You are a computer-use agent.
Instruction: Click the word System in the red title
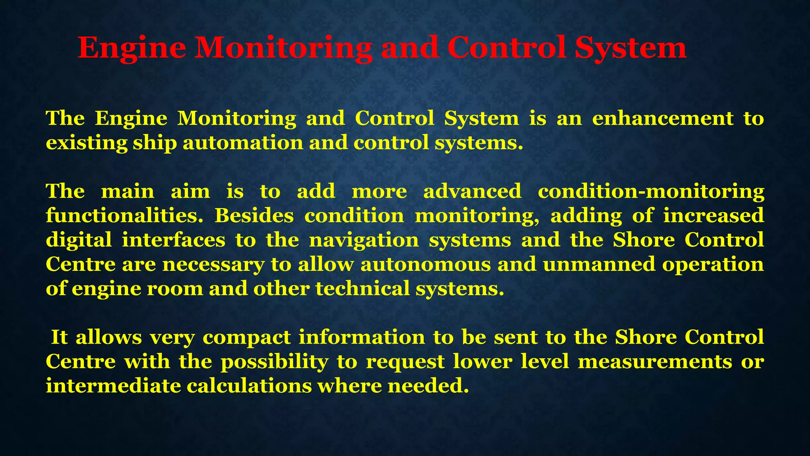pyautogui.click(x=630, y=48)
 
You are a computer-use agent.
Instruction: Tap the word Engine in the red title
pyautogui.click(x=132, y=48)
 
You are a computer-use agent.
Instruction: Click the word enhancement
pyautogui.click(x=662, y=118)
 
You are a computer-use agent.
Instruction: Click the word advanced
pyautogui.click(x=472, y=191)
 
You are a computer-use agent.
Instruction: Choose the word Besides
pyautogui.click(x=254, y=216)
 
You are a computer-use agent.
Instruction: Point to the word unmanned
pyautogui.click(x=599, y=264)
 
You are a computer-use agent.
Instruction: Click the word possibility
pyautogui.click(x=274, y=362)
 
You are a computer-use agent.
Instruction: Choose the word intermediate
pyautogui.click(x=113, y=386)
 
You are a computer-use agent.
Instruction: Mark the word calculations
pyautogui.click(x=249, y=386)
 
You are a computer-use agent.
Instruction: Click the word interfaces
pyautogui.click(x=173, y=240)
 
